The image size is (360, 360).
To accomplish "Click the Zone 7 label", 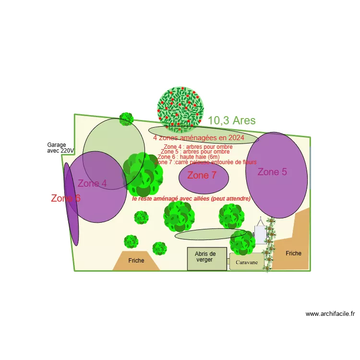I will pyautogui.click(x=201, y=175).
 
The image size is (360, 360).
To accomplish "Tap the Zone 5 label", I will pyautogui.click(x=272, y=172).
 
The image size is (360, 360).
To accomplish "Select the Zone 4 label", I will pyautogui.click(x=92, y=183).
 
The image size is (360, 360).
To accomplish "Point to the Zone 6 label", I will pyautogui.click(x=66, y=198).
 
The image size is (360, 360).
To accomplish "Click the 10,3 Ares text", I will pyautogui.click(x=232, y=120).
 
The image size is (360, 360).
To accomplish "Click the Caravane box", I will pyautogui.click(x=247, y=262).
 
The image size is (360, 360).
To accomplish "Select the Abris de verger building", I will pyautogui.click(x=206, y=259).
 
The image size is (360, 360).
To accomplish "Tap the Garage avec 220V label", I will pyautogui.click(x=60, y=147).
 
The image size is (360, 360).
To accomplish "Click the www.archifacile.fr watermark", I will pyautogui.click(x=330, y=314).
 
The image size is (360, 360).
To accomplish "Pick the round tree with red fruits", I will pyautogui.click(x=180, y=109).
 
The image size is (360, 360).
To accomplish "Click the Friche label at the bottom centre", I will pyautogui.click(x=136, y=261).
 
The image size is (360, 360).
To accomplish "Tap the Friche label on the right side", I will pyautogui.click(x=293, y=253).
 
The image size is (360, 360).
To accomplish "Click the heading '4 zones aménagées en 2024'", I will pyautogui.click(x=199, y=138).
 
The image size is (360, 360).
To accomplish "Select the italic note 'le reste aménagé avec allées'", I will pyautogui.click(x=191, y=198).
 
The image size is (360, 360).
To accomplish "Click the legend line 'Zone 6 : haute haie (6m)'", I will pyautogui.click(x=189, y=157).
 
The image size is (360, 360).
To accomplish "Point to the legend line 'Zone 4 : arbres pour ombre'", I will pyautogui.click(x=198, y=147).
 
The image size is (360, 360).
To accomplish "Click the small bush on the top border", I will pyautogui.click(x=126, y=119).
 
